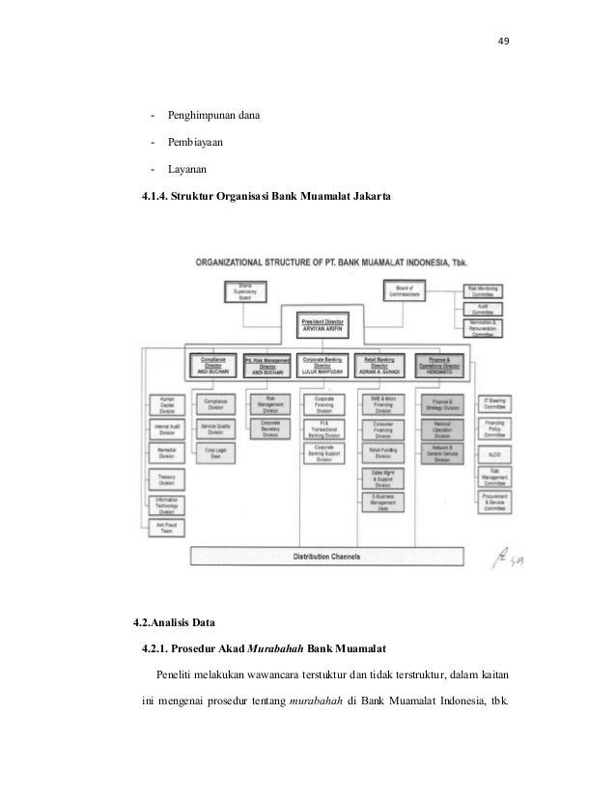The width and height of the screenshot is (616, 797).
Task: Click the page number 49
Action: pyautogui.click(x=502, y=41)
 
